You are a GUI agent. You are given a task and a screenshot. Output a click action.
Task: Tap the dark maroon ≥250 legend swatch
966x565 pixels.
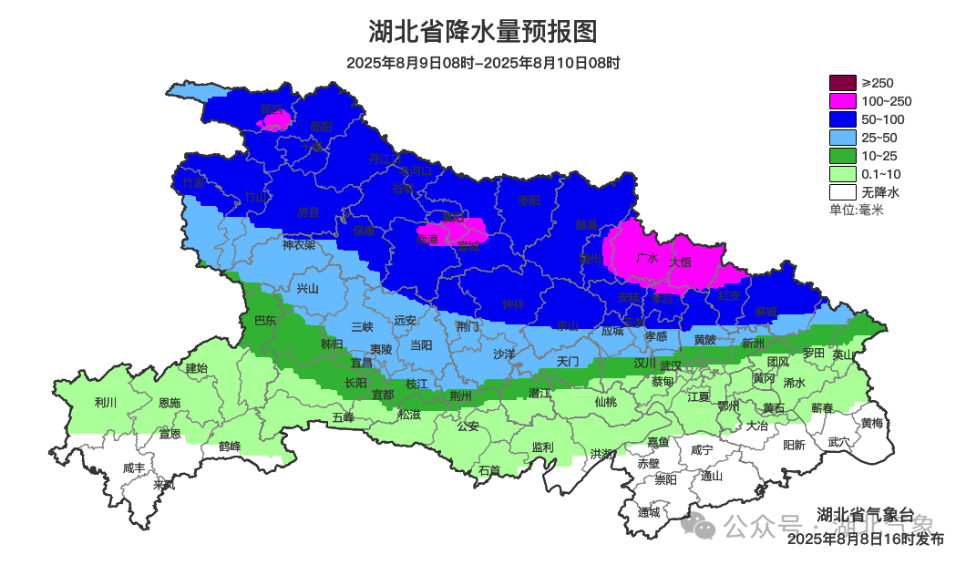pos(843,83)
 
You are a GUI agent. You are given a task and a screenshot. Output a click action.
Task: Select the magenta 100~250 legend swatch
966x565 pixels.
pos(843,101)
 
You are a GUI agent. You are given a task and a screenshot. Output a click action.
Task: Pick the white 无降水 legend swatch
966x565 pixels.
pos(843,192)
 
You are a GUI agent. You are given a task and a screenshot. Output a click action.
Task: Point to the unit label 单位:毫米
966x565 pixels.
pos(856,211)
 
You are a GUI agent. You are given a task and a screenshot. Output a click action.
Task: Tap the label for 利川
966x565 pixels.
pos(106,402)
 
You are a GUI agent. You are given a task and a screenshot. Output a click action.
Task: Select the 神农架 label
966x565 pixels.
pos(298,244)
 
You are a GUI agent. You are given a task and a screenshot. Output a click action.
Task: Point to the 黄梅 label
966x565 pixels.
pos(871,424)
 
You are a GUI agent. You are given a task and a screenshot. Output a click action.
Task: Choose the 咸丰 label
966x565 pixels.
pos(133,468)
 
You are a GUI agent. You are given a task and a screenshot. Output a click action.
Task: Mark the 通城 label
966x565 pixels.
pos(649,512)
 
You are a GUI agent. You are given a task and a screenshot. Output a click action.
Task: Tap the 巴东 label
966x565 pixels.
pos(264,320)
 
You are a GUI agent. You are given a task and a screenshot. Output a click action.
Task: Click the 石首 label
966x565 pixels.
pos(489,471)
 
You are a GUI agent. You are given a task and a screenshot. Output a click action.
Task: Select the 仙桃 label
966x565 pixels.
pos(605,402)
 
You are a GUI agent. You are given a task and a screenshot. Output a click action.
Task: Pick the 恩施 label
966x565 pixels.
pos(170,403)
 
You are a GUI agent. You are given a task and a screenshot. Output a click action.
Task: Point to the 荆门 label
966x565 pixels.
pos(468,325)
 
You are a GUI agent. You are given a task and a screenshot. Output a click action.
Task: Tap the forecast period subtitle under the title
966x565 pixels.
pos(483,63)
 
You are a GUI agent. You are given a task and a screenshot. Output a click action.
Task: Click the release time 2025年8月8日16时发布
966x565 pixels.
pos(866,539)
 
